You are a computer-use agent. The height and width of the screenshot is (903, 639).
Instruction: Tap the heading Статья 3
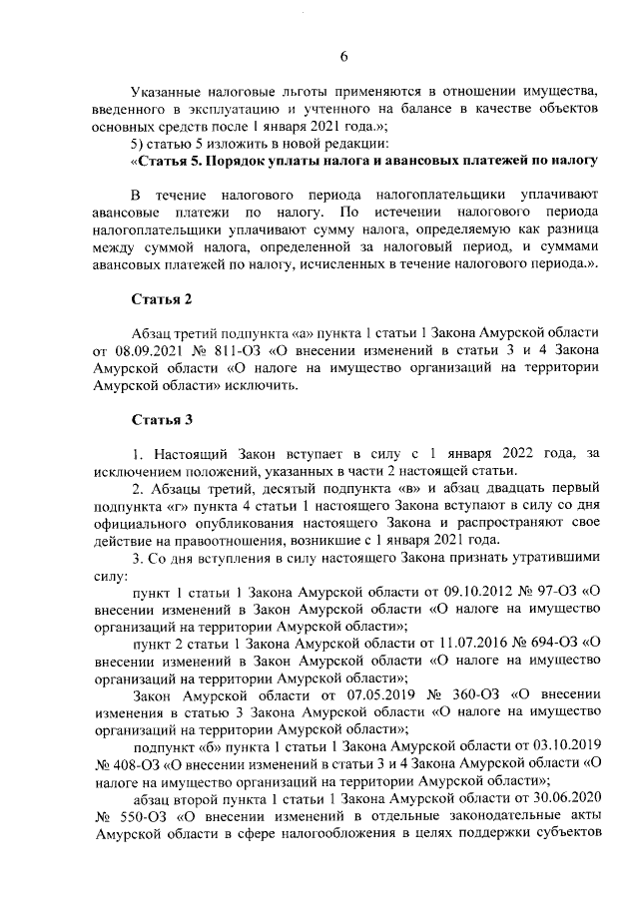(161, 417)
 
